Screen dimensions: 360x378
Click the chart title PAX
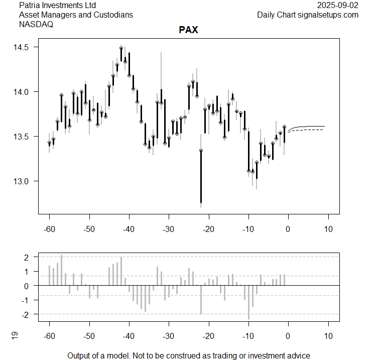(x=188, y=30)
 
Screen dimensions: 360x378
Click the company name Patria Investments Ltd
(x=57, y=5)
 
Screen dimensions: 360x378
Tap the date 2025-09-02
(x=338, y=5)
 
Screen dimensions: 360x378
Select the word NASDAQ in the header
(x=36, y=24)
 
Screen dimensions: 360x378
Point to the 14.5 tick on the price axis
(x=23, y=47)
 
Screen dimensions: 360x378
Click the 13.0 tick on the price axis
(x=23, y=181)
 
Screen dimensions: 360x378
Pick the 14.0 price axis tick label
(x=23, y=92)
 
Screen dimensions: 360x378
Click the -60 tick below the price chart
(x=49, y=229)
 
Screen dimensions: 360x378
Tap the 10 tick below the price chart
(x=328, y=229)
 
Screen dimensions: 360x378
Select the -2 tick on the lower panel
(x=26, y=314)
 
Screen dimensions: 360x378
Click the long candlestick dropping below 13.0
(x=201, y=176)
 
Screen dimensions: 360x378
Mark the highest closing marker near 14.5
(x=121, y=48)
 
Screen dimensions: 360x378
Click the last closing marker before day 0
(x=284, y=127)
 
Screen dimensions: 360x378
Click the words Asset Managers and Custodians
(x=76, y=15)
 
